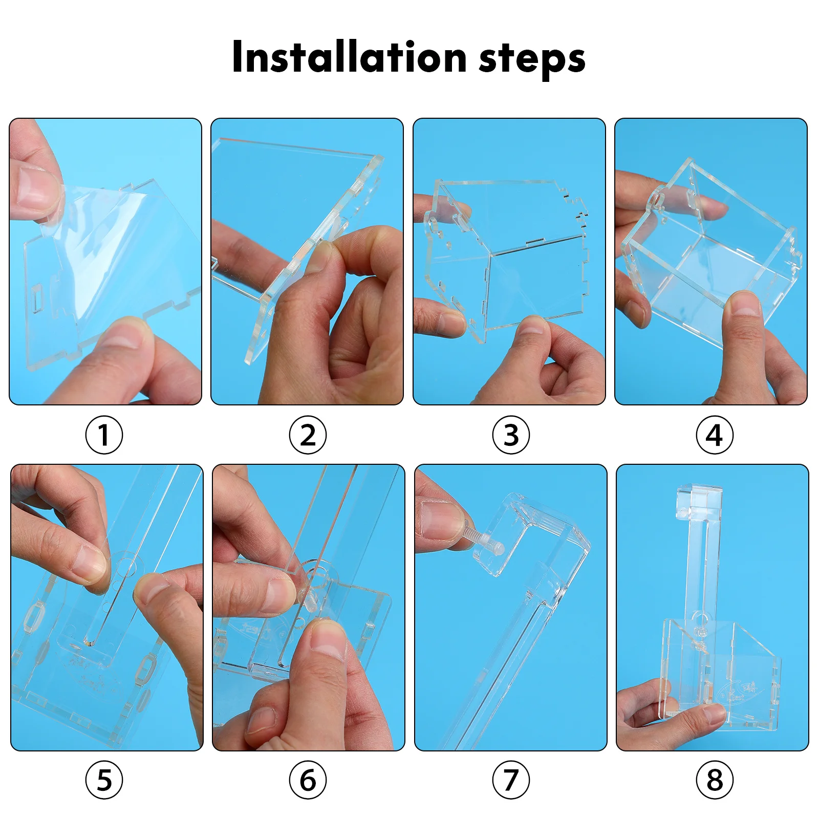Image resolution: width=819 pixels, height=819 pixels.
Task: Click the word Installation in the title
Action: (x=349, y=57)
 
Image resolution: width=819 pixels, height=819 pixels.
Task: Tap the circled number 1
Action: (x=104, y=435)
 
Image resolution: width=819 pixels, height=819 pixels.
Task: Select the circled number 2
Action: (x=308, y=435)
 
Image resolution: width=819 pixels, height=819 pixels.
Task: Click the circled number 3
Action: (x=511, y=435)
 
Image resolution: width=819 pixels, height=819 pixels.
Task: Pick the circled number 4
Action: (x=715, y=435)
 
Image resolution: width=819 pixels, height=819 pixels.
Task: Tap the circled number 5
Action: (x=104, y=780)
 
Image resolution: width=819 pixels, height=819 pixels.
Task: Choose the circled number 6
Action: (x=308, y=780)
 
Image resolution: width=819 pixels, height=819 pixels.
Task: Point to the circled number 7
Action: (x=511, y=780)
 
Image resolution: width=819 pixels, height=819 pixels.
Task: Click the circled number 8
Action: (x=715, y=780)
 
